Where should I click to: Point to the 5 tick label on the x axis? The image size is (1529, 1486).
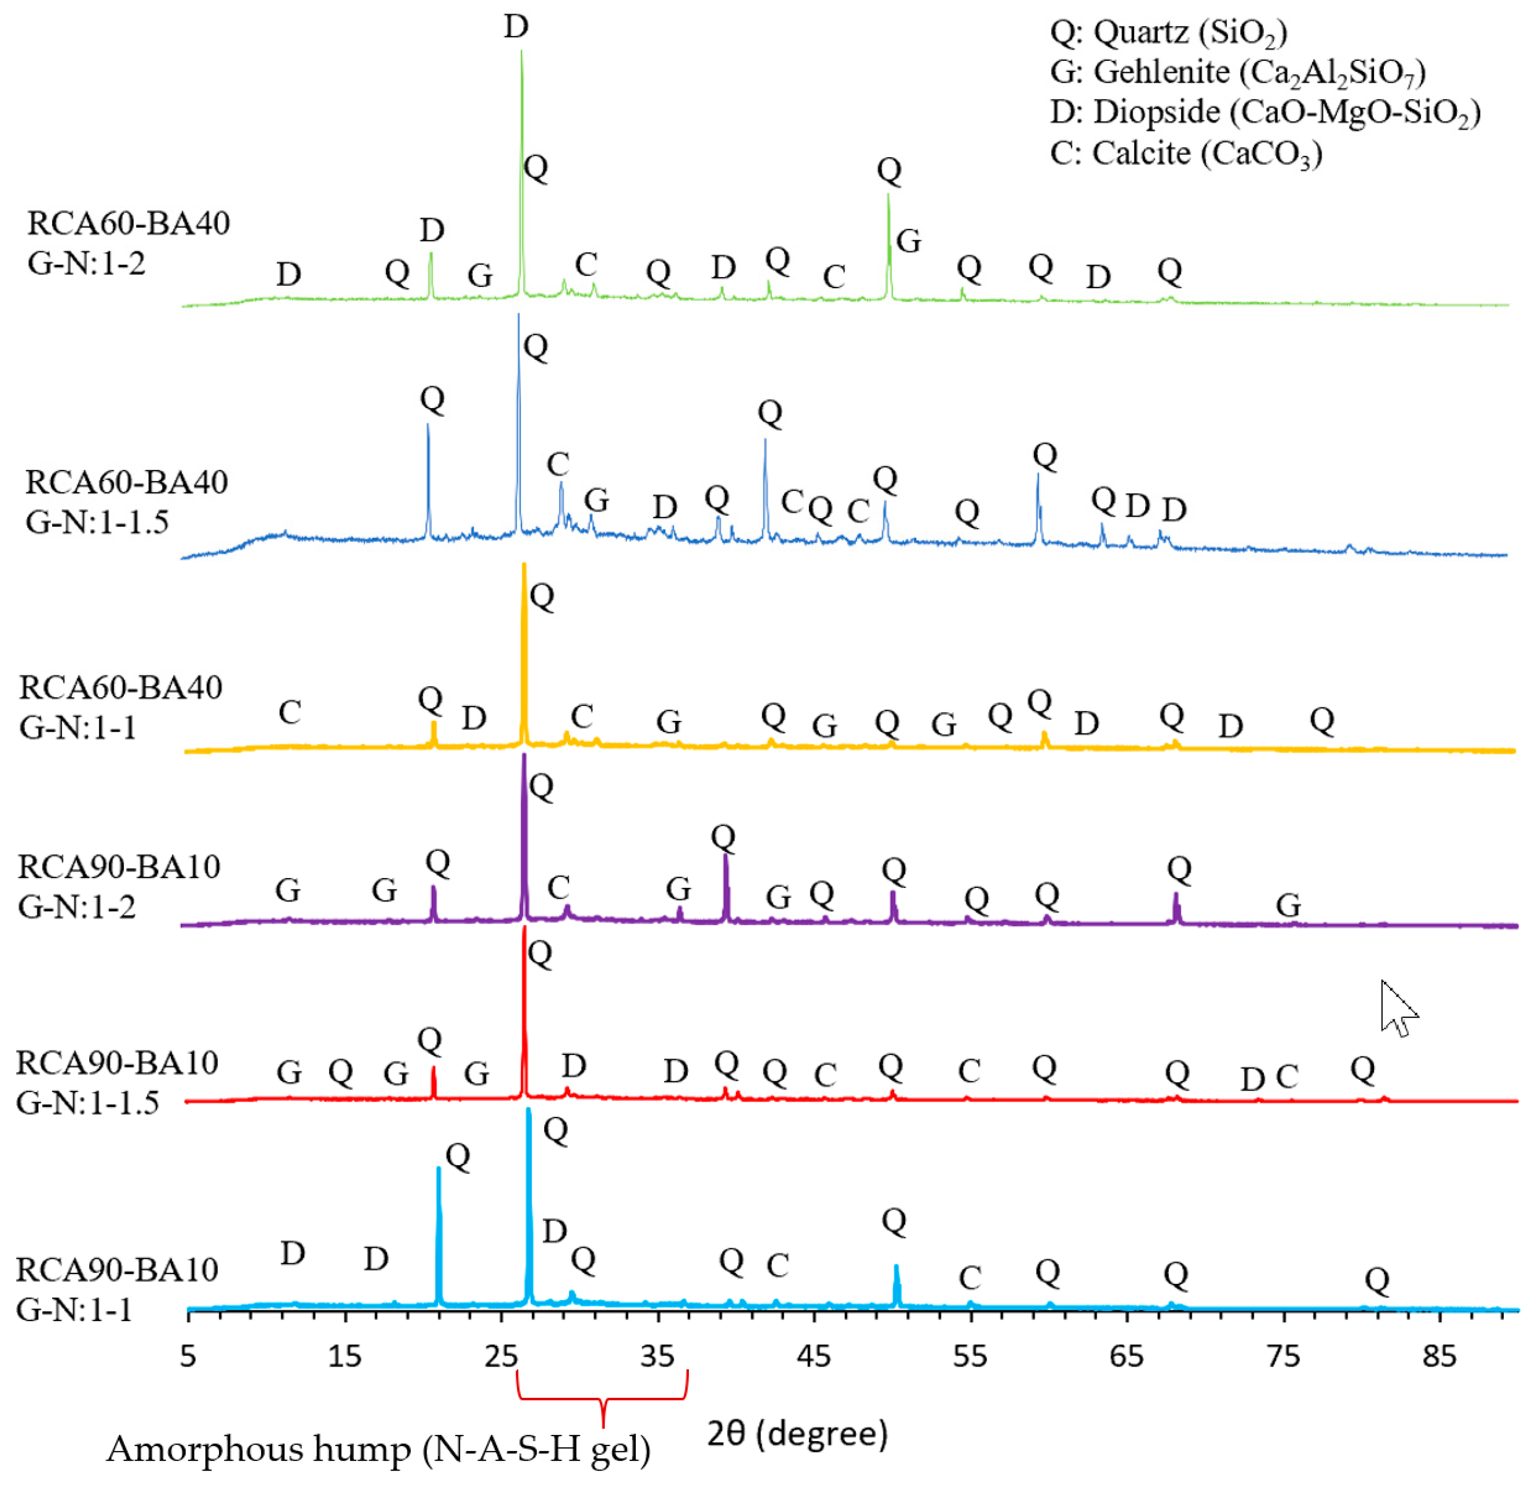click(x=188, y=1356)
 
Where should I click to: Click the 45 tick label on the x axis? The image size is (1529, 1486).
click(x=814, y=1356)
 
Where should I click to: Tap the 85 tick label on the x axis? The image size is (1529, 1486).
click(x=1439, y=1356)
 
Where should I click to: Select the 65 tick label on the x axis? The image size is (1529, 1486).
click(x=1126, y=1356)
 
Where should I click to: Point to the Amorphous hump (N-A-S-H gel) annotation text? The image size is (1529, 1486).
click(x=378, y=1450)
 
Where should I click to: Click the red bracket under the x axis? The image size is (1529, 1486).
click(x=602, y=1401)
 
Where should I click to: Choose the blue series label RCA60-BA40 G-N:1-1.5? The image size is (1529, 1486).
click(x=127, y=502)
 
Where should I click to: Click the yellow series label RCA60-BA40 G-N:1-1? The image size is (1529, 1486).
click(x=121, y=707)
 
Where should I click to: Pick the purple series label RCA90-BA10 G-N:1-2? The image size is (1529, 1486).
click(x=119, y=887)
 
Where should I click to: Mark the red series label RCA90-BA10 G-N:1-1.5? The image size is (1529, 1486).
click(x=117, y=1082)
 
